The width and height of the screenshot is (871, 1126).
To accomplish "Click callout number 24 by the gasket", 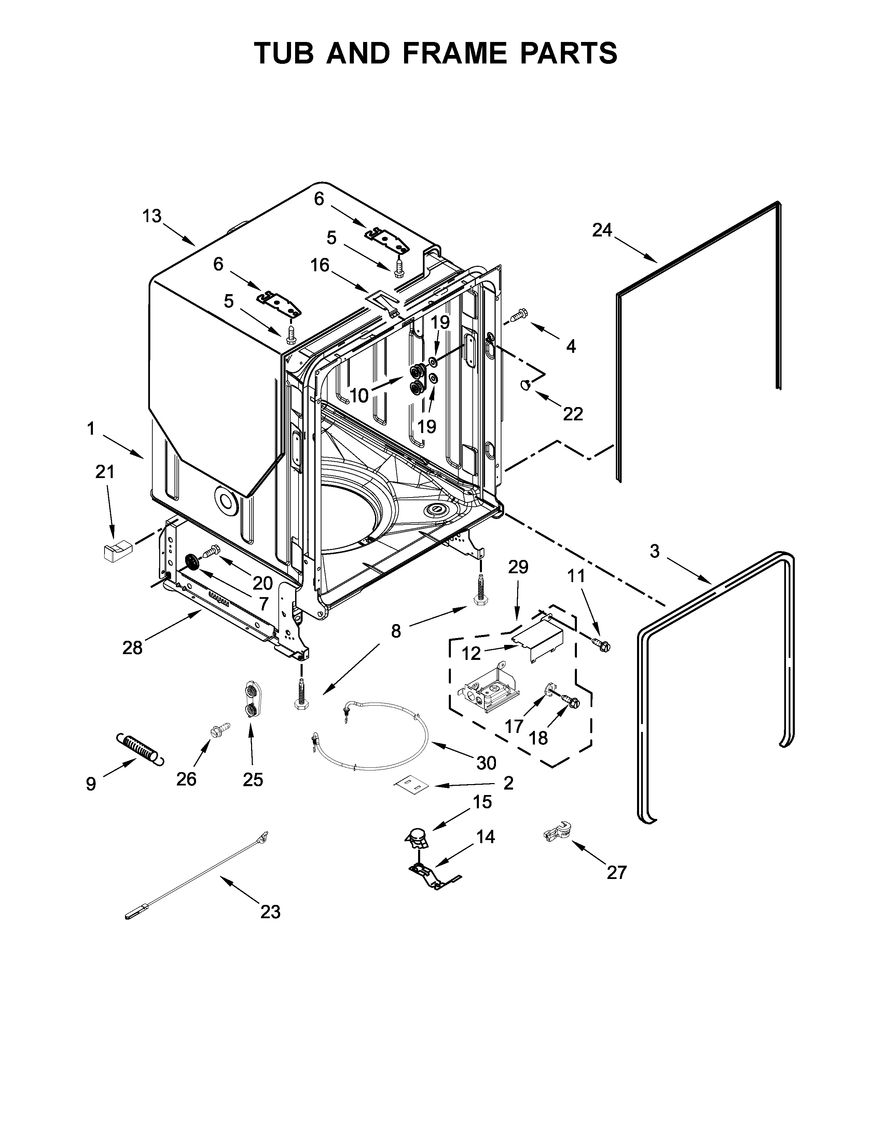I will click(602, 230).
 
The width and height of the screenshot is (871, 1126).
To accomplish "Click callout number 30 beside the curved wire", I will click(486, 763).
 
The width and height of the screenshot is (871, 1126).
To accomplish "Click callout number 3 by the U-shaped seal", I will click(654, 552).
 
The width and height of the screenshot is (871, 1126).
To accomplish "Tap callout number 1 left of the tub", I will click(91, 429).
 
